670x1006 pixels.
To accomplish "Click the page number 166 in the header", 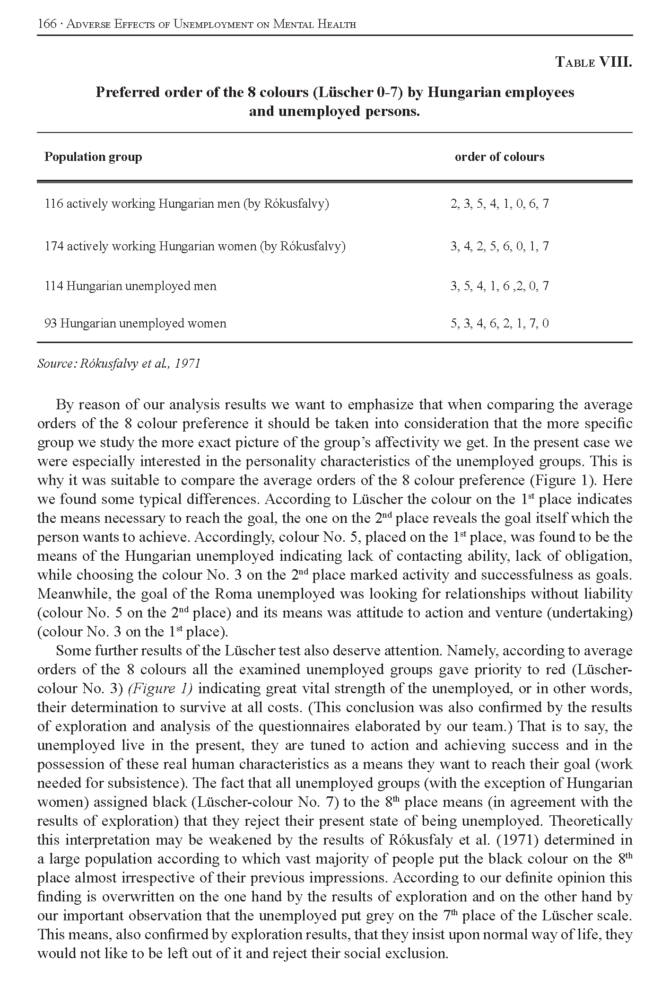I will [x=47, y=24].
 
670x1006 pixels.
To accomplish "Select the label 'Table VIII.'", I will [x=593, y=62].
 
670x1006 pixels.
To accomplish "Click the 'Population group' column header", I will [x=93, y=157].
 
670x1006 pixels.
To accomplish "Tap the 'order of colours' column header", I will [x=499, y=157].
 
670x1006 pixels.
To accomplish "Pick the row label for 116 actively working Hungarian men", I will [x=187, y=204].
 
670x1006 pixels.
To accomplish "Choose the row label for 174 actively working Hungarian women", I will [x=195, y=246].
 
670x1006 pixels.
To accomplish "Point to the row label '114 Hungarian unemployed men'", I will [x=131, y=286].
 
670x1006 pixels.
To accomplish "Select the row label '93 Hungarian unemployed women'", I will [x=135, y=324].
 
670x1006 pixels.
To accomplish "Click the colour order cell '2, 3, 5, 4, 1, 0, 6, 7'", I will [x=499, y=204].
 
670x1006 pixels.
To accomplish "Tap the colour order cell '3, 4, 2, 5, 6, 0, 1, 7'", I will [x=499, y=246].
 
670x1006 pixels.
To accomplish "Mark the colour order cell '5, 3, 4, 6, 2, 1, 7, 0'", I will [x=499, y=324].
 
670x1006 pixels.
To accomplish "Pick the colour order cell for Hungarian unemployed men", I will [x=499, y=286].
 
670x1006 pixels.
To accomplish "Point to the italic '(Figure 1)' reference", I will [x=160, y=688].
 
